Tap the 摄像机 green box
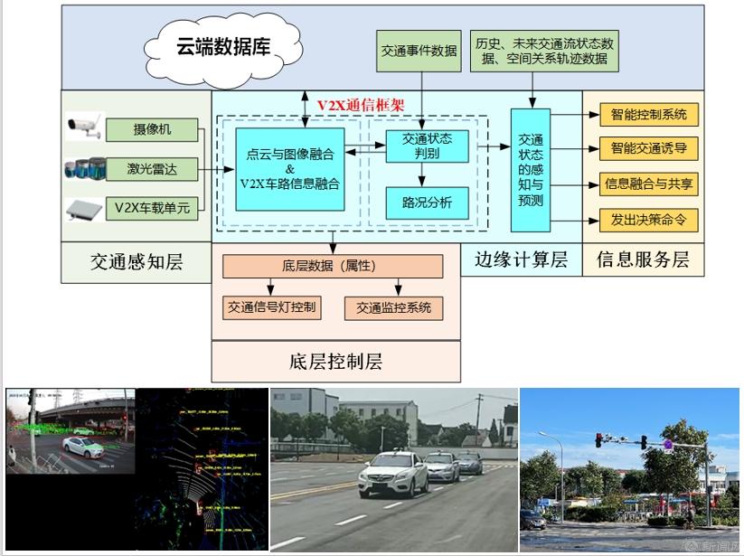tap(152, 129)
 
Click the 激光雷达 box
tap(152, 168)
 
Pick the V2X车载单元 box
tap(152, 208)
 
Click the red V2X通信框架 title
tap(360, 105)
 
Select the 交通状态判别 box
tap(427, 146)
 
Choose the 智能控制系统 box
tap(648, 115)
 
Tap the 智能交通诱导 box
tap(648, 148)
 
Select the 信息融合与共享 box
tap(648, 184)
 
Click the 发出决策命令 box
tap(648, 219)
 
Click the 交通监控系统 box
tap(393, 307)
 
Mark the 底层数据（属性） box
tap(333, 267)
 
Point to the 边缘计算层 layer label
tap(521, 260)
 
